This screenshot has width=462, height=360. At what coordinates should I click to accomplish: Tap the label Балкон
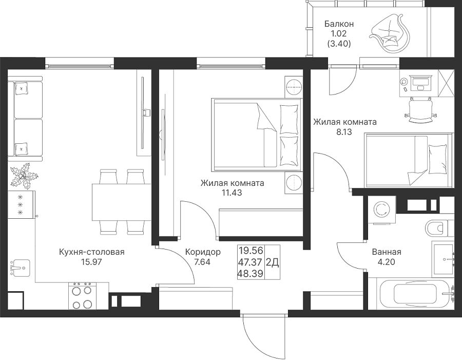(339, 24)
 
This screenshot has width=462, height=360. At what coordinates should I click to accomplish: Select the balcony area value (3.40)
(339, 44)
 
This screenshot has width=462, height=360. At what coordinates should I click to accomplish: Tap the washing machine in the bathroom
(381, 210)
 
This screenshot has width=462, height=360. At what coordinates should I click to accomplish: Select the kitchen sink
(20, 268)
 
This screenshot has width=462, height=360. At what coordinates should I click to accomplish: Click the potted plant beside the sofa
(24, 176)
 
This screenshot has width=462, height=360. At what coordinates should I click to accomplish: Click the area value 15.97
(92, 261)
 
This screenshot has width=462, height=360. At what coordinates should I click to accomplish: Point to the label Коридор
(203, 252)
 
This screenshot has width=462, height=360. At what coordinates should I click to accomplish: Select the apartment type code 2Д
(273, 262)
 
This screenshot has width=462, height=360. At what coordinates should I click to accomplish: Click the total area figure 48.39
(251, 274)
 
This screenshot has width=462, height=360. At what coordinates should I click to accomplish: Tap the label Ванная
(387, 252)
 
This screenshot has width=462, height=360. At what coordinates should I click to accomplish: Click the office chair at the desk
(420, 110)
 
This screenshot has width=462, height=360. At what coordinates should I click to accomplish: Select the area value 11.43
(232, 193)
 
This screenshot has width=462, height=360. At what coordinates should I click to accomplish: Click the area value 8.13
(344, 132)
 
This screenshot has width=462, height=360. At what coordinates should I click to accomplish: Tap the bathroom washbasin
(443, 259)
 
